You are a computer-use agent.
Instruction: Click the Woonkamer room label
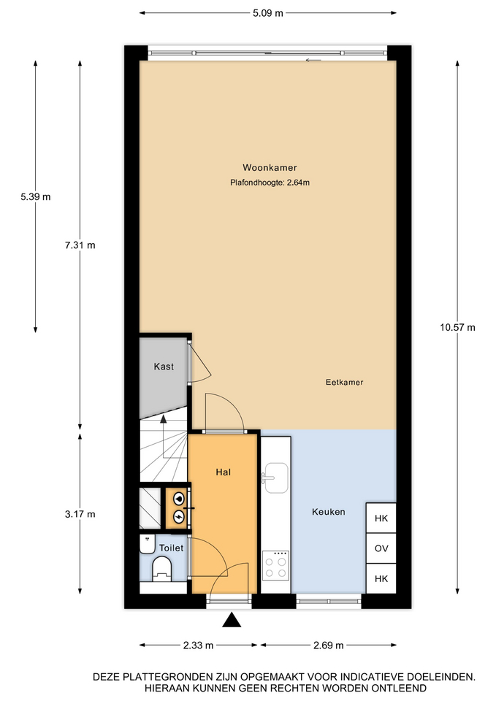click(x=270, y=168)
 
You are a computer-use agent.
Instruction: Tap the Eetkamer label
click(x=344, y=382)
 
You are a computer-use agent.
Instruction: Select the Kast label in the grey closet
click(x=164, y=367)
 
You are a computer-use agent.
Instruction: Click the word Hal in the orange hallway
click(x=224, y=472)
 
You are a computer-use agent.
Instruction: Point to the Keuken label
click(x=329, y=512)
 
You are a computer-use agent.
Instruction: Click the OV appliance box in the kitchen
click(x=381, y=548)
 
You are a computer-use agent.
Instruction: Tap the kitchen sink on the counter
click(x=275, y=478)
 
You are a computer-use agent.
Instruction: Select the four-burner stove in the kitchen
click(x=275, y=564)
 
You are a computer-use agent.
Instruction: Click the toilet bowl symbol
click(x=162, y=569)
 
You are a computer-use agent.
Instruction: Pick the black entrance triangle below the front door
click(x=232, y=620)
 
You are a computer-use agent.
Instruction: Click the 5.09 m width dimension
click(x=268, y=13)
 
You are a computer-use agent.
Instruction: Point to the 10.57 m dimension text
click(x=457, y=327)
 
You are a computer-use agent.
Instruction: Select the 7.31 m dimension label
click(x=80, y=245)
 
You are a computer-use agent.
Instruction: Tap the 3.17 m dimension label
click(x=80, y=514)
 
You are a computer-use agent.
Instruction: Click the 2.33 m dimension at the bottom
click(x=198, y=645)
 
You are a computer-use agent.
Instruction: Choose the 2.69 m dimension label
click(x=328, y=645)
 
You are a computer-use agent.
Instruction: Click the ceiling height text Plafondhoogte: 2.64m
click(x=270, y=183)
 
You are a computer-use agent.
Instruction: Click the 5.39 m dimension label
click(x=35, y=196)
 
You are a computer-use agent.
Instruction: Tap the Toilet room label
click(x=171, y=548)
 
